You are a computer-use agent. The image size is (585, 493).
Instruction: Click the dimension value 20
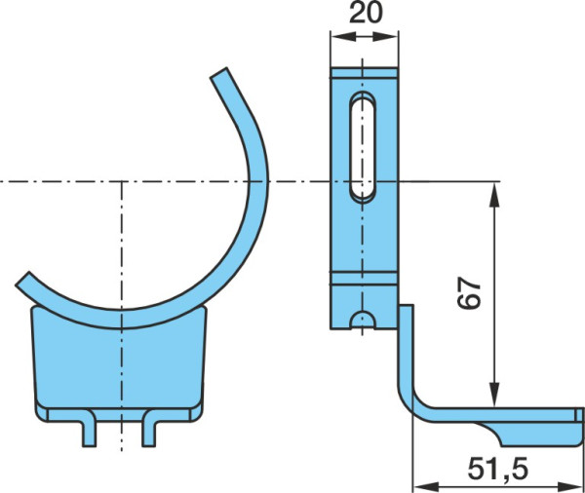[366, 13]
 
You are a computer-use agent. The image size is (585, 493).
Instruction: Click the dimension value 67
[469, 292]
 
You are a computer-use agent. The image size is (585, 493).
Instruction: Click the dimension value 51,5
[498, 469]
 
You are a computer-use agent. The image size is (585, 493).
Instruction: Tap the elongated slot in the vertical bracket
[363, 146]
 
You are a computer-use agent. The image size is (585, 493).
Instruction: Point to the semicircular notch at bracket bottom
[363, 320]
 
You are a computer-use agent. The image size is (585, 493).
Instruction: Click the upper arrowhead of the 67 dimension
[494, 194]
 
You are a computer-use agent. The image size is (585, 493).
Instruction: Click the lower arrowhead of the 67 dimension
[494, 395]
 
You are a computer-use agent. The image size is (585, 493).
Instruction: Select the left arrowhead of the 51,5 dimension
[426, 486]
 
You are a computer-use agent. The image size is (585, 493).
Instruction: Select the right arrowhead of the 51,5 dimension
[569, 486]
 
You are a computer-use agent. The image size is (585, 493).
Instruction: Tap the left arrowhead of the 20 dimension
[342, 37]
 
